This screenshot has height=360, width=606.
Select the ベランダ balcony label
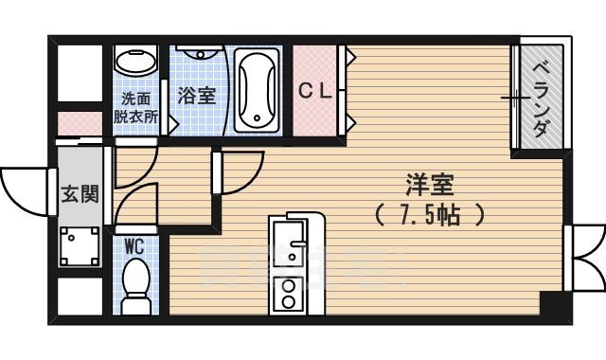pyautogui.click(x=541, y=99)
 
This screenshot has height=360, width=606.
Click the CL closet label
pyautogui.click(x=315, y=91)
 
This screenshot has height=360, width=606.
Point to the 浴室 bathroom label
pyautogui.click(x=197, y=96)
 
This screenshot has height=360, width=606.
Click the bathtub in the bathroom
pyautogui.click(x=256, y=90)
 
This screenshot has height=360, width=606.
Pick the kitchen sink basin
pyautogui.click(x=286, y=243)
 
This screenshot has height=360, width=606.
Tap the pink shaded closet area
pyautogui.click(x=317, y=91)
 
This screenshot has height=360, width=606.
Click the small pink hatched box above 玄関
pyautogui.click(x=78, y=124)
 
